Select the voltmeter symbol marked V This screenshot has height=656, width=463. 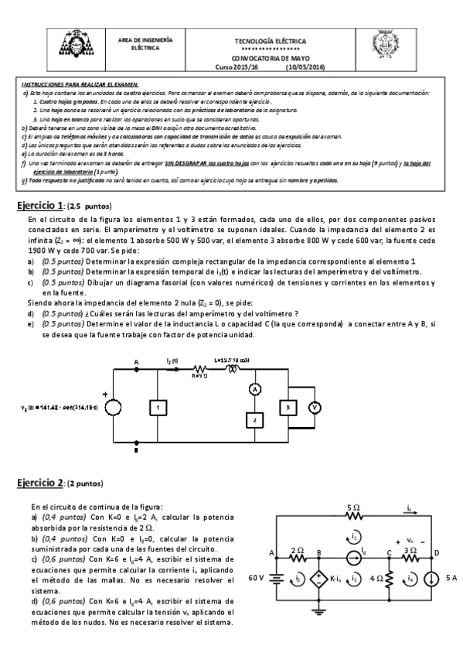(x=315, y=405)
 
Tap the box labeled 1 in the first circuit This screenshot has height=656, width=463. (x=157, y=406)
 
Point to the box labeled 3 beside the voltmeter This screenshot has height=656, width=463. (x=287, y=405)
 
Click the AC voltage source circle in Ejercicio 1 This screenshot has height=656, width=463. (x=114, y=407)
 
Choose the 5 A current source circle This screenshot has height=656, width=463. (x=429, y=578)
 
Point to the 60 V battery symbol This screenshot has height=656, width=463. (x=276, y=578)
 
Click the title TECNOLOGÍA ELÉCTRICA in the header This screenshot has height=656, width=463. (x=270, y=40)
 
